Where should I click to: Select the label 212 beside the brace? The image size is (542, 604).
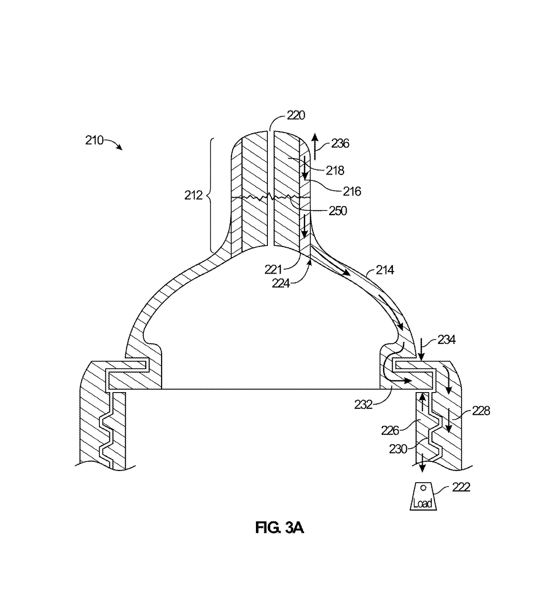pyautogui.click(x=193, y=195)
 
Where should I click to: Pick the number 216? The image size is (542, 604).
pyautogui.click(x=352, y=191)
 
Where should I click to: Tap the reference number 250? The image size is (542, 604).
pyautogui.click(x=338, y=211)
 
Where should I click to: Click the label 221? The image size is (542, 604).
pyautogui.click(x=273, y=270)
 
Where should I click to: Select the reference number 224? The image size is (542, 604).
pyautogui.click(x=281, y=283)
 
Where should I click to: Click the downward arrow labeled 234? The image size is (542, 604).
pyautogui.click(x=421, y=349)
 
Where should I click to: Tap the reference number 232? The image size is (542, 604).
pyautogui.click(x=363, y=405)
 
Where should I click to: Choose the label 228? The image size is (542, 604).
pyautogui.click(x=481, y=411)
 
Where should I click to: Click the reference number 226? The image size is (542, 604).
pyautogui.click(x=390, y=430)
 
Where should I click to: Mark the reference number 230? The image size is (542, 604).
pyautogui.click(x=398, y=449)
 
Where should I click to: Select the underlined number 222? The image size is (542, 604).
pyautogui.click(x=461, y=487)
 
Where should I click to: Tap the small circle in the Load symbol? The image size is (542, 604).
pyautogui.click(x=423, y=488)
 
